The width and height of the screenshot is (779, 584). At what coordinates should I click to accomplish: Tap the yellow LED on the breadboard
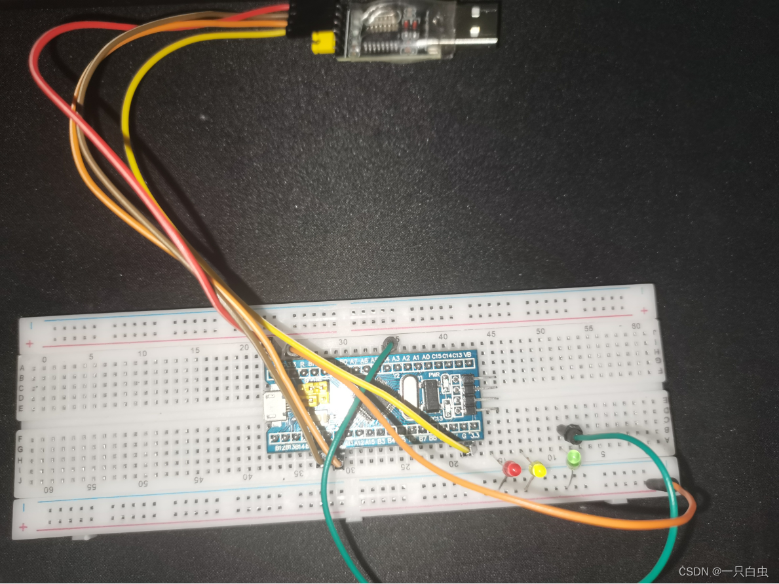coord(539,469)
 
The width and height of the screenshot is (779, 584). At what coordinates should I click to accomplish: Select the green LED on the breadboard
coord(575,458)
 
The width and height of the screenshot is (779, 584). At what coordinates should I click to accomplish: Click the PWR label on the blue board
coord(433,374)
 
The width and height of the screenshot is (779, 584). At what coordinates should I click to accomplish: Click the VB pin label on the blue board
coord(467,356)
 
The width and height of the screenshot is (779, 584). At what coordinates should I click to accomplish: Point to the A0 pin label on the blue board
coord(427,356)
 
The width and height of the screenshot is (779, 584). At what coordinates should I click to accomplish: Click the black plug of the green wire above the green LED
coord(569,432)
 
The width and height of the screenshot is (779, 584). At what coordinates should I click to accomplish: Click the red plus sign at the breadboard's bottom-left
coord(24,527)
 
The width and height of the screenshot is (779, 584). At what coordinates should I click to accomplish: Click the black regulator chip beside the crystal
coord(432,394)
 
